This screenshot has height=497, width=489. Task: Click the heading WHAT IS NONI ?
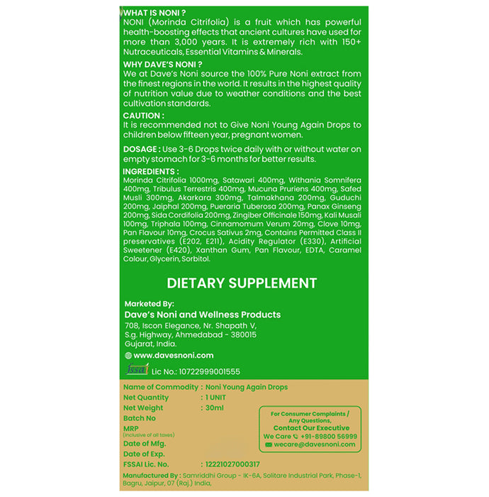tap(156, 12)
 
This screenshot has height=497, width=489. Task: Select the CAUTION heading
tap(144, 115)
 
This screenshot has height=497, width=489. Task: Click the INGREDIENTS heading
tap(151, 172)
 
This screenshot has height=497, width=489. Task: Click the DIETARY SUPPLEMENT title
tap(242, 283)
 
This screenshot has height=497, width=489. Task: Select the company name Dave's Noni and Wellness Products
tap(202, 315)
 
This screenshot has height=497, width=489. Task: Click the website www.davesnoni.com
tap(173, 355)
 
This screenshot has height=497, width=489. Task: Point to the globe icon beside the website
tap(128, 355)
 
